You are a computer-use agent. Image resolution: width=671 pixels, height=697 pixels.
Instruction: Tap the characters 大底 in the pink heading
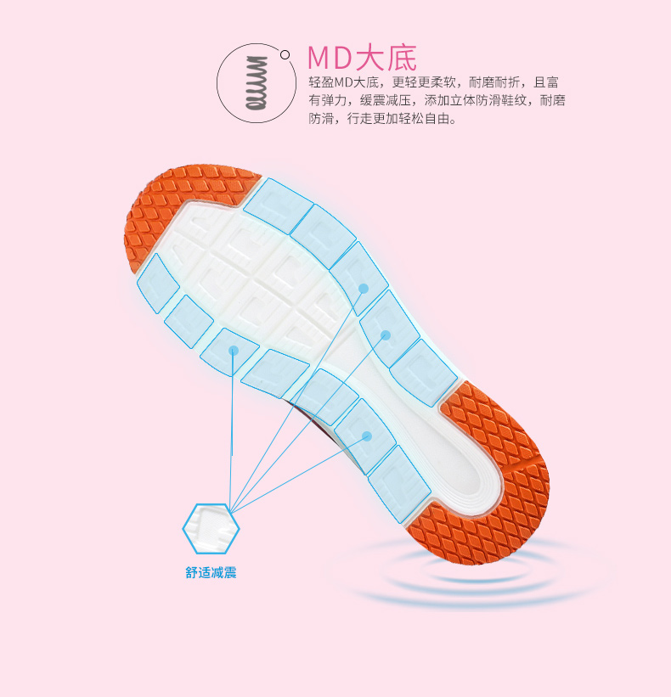click(389, 58)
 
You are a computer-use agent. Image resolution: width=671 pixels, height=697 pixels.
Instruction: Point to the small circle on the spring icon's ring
click(285, 57)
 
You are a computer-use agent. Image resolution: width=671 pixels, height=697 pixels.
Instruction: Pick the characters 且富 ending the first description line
click(546, 82)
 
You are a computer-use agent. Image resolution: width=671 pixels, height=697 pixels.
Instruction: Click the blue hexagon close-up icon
click(211, 529)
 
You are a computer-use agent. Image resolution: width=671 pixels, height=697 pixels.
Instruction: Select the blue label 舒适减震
click(211, 573)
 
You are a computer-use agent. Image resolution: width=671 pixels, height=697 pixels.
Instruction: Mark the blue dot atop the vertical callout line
click(233, 350)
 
